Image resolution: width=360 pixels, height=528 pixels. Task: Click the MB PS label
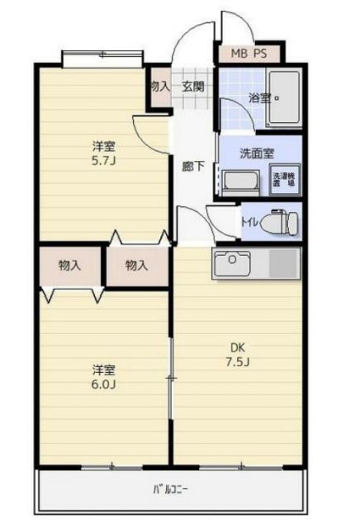click(249, 55)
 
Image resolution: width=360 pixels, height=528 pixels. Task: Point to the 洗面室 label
click(257, 153)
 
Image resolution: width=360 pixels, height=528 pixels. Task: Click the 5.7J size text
click(104, 161)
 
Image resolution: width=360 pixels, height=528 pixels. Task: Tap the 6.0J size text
click(104, 384)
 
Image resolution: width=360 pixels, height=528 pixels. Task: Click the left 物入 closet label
click(70, 266)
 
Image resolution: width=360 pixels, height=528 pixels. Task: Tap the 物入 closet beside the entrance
click(158, 86)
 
